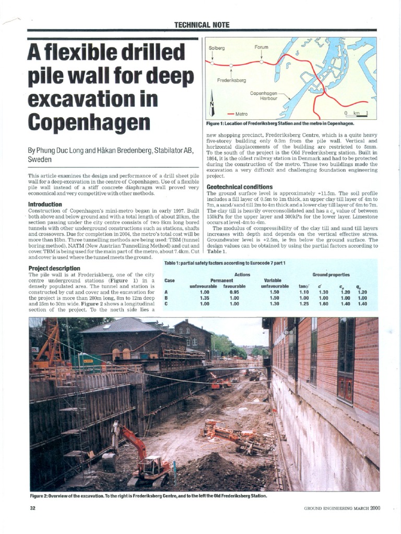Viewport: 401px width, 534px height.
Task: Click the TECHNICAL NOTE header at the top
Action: click(202, 25)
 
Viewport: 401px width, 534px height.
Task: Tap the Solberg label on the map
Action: click(217, 48)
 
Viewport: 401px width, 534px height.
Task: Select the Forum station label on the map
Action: click(261, 47)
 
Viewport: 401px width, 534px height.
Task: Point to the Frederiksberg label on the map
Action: click(231, 80)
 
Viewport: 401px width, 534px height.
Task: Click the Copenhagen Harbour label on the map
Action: click(263, 95)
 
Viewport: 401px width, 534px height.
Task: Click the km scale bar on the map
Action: click(357, 114)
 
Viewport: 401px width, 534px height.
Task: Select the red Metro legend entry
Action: click(238, 114)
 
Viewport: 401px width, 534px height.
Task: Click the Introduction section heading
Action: click(45, 204)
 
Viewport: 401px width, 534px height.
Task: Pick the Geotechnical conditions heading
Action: click(240, 187)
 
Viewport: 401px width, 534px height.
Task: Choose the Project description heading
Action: click(54, 268)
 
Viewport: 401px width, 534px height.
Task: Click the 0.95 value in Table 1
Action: click(234, 293)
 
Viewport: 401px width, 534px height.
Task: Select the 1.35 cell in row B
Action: click(204, 298)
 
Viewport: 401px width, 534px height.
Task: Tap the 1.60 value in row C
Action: click(324, 304)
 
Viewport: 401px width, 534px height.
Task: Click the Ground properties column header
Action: click(331, 274)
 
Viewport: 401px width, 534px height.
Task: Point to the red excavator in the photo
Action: click(137, 452)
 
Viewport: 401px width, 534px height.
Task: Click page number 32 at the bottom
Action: click(32, 509)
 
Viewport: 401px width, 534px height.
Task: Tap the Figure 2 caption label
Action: click(44, 495)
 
